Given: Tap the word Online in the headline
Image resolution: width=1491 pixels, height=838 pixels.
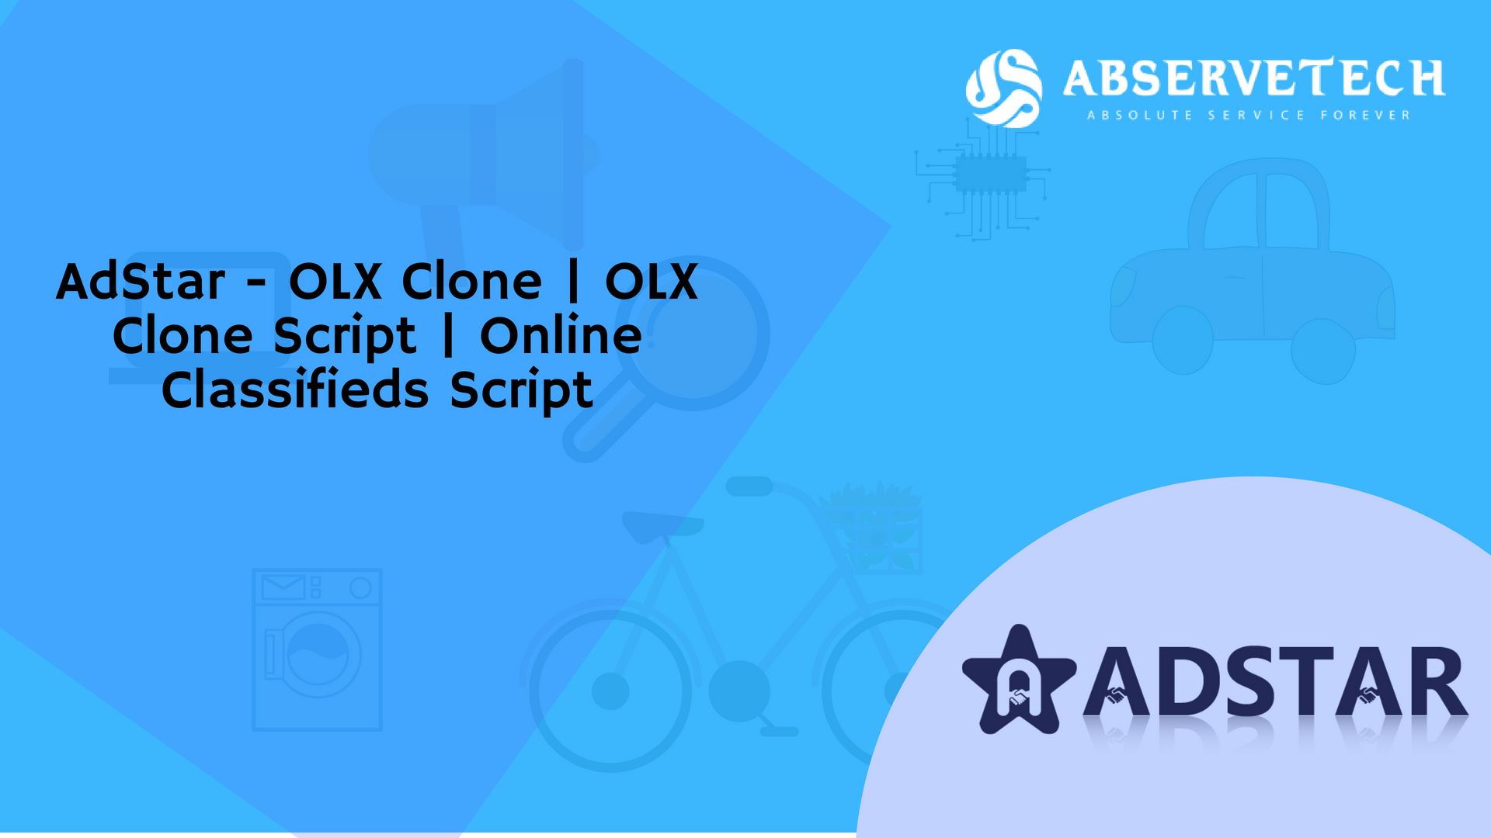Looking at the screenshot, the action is pyautogui.click(x=561, y=335).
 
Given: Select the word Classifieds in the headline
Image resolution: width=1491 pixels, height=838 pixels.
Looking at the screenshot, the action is pyautogui.click(x=295, y=389).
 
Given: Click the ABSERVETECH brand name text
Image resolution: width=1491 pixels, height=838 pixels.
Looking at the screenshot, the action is pyautogui.click(x=1253, y=78).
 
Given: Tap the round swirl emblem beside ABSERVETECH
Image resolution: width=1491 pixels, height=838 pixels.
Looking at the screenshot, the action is pyautogui.click(x=1003, y=88).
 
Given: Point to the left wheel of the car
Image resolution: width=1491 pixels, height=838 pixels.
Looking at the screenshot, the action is pyautogui.click(x=1182, y=339).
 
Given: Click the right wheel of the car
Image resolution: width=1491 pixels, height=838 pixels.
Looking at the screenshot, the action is pyautogui.click(x=1323, y=350).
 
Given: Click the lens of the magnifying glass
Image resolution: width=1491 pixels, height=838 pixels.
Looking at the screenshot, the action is pyautogui.click(x=691, y=334).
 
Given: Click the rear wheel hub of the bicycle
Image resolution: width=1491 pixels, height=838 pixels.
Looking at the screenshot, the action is pyautogui.click(x=610, y=691).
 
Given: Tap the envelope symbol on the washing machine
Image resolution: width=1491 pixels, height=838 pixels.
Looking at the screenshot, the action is pyautogui.click(x=283, y=587).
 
